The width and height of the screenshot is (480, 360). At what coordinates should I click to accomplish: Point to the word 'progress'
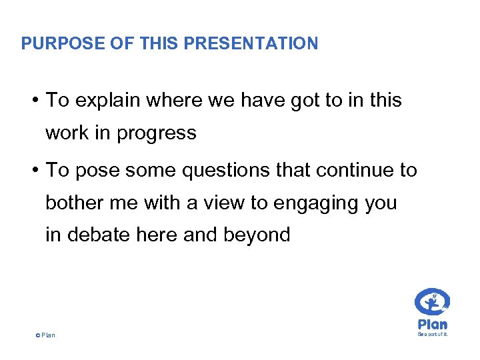tap(157, 133)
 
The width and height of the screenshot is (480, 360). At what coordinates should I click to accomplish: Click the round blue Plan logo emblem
tap(432, 302)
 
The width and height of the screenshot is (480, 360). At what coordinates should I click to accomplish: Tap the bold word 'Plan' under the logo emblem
tap(432, 324)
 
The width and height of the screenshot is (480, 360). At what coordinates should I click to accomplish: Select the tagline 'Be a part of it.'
tap(433, 334)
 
